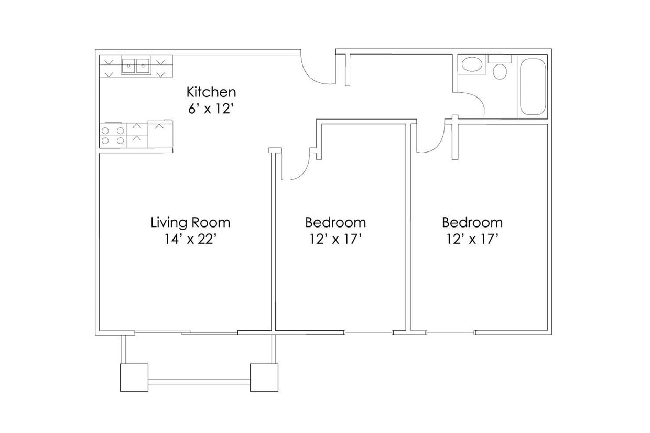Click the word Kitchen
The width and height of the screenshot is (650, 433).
point(211,92)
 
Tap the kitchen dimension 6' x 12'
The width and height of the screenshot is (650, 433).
point(211,111)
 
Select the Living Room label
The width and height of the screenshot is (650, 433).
point(190,222)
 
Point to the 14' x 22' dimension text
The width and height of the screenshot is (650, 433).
point(190,240)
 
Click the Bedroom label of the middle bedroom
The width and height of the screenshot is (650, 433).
point(335,222)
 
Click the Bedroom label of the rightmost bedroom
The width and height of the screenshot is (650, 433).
point(472,222)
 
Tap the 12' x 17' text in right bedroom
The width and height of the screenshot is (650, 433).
point(472,240)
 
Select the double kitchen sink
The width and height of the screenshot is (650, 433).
point(136,67)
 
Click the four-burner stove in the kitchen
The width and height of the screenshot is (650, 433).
point(113,135)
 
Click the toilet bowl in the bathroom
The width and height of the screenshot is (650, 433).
point(500,71)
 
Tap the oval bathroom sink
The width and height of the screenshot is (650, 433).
point(472,65)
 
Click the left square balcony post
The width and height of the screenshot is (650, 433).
point(134,377)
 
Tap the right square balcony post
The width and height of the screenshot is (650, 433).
point(263,377)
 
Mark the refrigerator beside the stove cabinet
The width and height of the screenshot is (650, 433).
point(160,134)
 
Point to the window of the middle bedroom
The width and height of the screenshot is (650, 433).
point(369,332)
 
